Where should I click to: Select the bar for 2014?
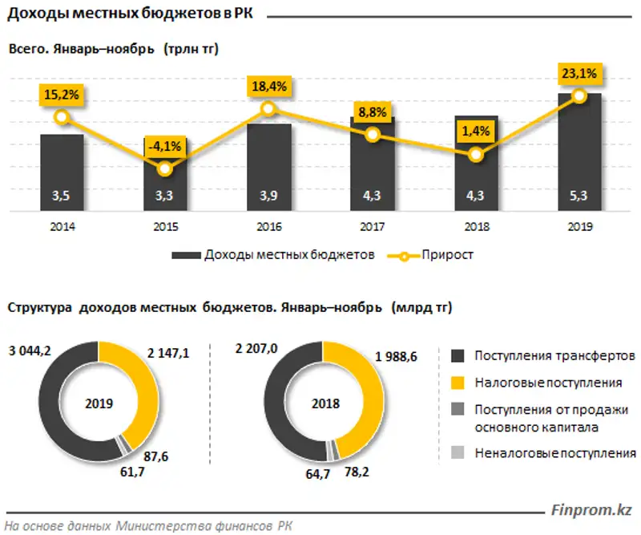coord(62,172)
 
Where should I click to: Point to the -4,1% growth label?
coord(165,145)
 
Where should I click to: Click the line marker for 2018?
coord(476,155)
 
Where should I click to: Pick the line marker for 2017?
coord(372,135)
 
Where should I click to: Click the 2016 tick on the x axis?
coord(269,227)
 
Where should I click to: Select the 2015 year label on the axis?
coord(165,227)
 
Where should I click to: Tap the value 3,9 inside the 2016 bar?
coord(269,195)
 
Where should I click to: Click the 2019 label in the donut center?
coord(99,403)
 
